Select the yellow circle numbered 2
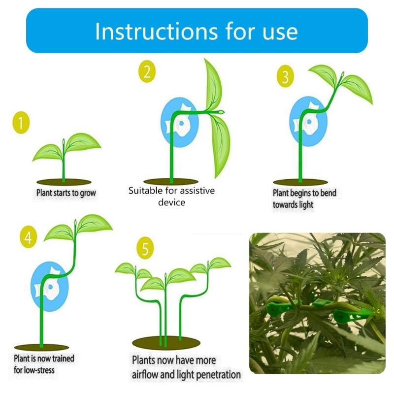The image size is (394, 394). point(147,72)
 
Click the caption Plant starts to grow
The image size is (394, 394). point(66,193)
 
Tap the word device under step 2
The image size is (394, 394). point(172,202)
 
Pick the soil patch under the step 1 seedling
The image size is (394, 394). point(63,182)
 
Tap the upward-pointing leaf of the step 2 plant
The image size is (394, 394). point(213,84)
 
